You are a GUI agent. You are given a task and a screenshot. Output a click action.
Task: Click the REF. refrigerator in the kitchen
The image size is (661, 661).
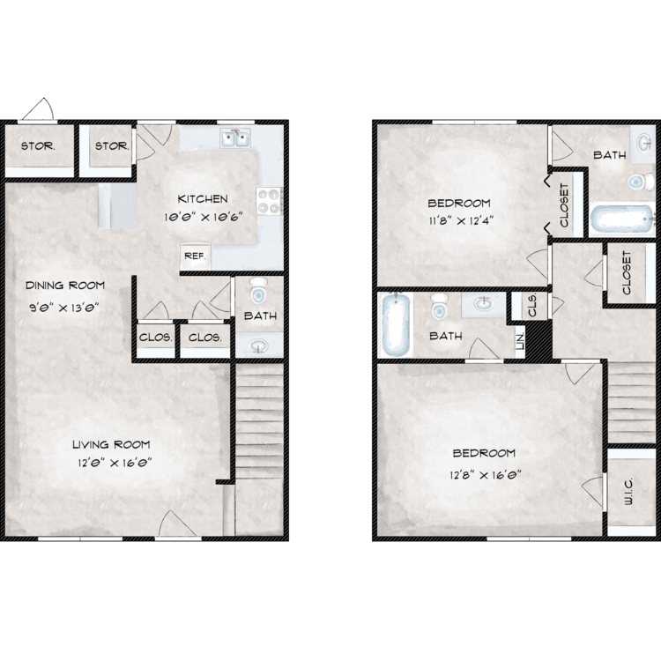(x=195, y=256)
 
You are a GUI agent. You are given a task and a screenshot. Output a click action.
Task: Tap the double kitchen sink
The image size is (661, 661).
(x=235, y=138)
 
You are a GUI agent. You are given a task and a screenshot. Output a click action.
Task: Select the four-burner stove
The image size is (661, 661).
(x=270, y=201)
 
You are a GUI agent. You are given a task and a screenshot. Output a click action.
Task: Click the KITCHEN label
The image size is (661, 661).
(x=203, y=198)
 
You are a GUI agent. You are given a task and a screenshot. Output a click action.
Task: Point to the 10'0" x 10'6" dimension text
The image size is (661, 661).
(x=204, y=217)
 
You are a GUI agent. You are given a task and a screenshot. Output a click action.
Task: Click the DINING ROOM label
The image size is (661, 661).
(x=65, y=286)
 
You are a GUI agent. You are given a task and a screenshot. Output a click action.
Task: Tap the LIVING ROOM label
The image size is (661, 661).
(x=111, y=444)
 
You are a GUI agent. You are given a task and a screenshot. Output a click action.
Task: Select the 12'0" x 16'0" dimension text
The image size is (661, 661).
(x=115, y=463)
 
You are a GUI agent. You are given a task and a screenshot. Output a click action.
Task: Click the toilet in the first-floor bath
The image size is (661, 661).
(x=258, y=291)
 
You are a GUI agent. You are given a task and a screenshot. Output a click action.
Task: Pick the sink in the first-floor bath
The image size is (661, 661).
(x=258, y=346)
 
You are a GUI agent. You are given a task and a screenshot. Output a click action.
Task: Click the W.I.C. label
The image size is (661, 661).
(x=628, y=491)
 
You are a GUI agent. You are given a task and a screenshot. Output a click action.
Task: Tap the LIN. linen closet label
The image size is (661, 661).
(x=520, y=340)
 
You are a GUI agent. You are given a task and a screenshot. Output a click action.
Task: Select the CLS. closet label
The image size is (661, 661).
(x=532, y=305)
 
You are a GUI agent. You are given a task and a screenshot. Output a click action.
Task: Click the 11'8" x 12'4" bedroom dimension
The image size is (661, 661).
(x=461, y=220)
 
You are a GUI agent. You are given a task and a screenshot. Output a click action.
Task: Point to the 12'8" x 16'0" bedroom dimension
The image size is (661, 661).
(x=486, y=475)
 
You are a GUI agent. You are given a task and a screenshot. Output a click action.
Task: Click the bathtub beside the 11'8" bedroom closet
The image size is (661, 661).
(x=622, y=219)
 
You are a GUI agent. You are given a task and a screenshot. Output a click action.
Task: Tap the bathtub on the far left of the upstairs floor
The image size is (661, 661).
(x=396, y=324)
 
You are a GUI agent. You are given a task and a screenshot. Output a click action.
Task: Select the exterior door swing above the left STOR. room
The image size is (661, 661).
(x=38, y=109)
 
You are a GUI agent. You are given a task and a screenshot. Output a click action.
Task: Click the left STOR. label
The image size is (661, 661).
(x=38, y=146)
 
